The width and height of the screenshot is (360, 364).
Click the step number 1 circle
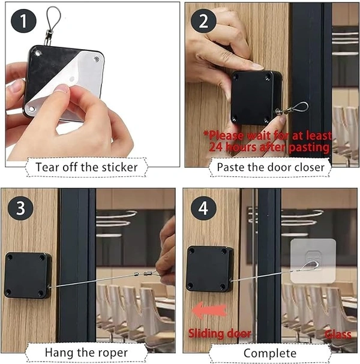click(23, 21)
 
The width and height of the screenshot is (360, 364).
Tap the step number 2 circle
click(203, 21)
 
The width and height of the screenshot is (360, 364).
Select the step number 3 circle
click(20, 208)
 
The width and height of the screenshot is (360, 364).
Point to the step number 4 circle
click(203, 208)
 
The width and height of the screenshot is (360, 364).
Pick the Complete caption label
click(270, 353)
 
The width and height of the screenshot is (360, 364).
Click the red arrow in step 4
click(209, 311)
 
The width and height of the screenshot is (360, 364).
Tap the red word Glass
click(338, 335)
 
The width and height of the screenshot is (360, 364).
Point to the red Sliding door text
click(220, 333)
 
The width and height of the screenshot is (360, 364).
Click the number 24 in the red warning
click(216, 147)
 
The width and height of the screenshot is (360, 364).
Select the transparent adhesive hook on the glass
click(313, 261)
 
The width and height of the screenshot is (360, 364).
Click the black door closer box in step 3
click(28, 275)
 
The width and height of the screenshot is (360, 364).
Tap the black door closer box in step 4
click(210, 269)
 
